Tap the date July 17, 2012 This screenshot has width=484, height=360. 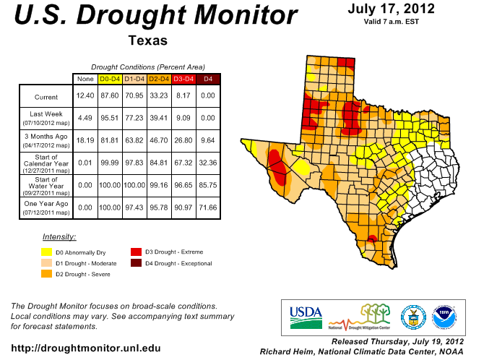point(390,9)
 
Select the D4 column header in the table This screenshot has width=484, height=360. point(208,78)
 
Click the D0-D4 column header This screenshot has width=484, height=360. point(110,78)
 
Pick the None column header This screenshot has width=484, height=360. point(85,78)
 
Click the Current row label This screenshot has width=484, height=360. point(46,97)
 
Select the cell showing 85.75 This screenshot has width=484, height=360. point(208,185)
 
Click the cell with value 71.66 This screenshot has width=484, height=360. point(208,208)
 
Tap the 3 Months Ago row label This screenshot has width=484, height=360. point(46,139)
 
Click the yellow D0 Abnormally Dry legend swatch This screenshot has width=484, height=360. point(47,252)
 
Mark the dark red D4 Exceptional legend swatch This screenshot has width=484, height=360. point(137,263)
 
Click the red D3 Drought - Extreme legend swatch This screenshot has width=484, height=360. point(137,252)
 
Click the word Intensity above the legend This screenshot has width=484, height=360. point(59,237)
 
